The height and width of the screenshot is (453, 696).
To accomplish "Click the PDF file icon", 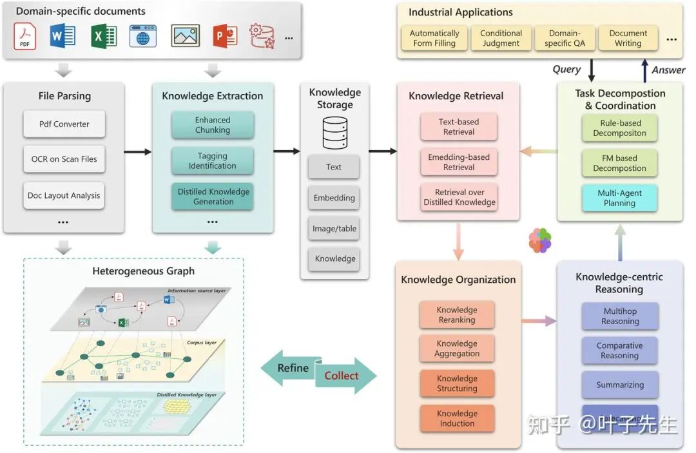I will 24,36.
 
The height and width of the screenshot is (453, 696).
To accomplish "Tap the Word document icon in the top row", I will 63,35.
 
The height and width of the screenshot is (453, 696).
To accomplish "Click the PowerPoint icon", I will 225,35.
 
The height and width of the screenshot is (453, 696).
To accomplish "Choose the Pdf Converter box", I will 64,124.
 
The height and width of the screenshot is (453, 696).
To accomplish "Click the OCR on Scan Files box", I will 64,159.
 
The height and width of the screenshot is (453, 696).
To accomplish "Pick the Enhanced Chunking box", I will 213,125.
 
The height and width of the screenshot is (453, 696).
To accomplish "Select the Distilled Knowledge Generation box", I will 213,197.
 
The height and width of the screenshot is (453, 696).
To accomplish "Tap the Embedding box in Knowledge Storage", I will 334,198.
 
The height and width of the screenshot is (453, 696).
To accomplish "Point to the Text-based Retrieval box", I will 459,127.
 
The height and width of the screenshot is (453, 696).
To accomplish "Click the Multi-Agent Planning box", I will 619,198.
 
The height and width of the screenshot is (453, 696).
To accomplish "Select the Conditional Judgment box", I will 501,38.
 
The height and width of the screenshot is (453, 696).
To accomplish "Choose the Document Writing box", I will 628,38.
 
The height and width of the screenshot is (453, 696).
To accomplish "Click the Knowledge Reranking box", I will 457,315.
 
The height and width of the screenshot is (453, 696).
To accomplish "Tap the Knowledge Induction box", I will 457,418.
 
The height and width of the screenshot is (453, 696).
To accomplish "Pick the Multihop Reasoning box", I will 620,316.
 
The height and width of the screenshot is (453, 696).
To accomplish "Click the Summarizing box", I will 620,385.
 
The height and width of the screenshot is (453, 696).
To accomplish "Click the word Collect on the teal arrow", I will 341,376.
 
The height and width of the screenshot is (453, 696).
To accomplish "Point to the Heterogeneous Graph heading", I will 143,271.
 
